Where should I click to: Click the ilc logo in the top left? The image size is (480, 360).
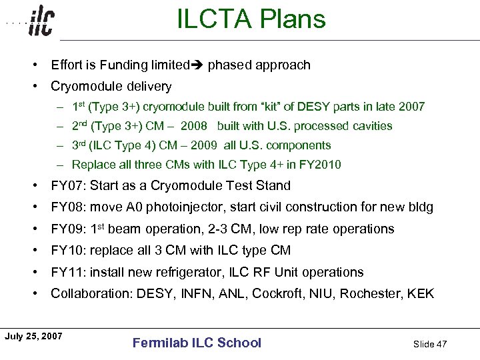click(41, 22)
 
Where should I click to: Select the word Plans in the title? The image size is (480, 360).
click(292, 19)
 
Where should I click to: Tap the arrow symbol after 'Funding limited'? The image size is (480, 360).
click(199, 65)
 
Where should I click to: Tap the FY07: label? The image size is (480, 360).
click(69, 186)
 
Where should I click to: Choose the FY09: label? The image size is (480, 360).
click(69, 229)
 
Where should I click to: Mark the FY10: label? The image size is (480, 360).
click(69, 251)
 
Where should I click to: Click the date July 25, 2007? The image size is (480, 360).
click(33, 336)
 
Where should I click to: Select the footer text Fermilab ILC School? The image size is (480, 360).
click(197, 343)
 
